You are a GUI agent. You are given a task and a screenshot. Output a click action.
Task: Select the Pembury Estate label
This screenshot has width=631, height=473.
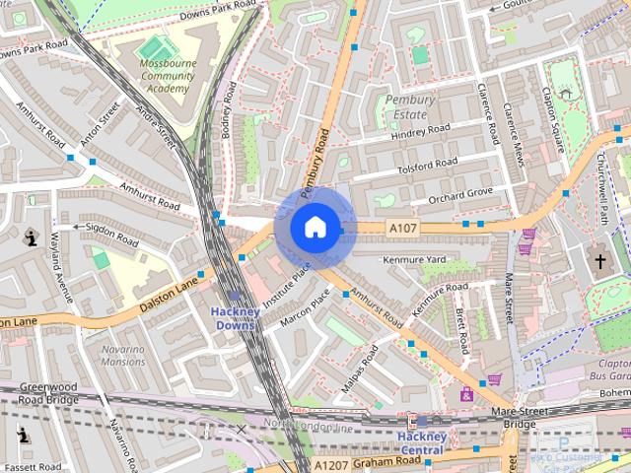[x=406, y=107]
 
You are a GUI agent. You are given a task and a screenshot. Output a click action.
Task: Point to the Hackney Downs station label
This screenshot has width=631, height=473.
[x=236, y=318]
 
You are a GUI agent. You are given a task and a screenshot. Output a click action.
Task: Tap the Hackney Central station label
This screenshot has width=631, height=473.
[x=422, y=442]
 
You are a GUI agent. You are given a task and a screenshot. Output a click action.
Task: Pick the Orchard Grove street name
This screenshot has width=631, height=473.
[x=458, y=193]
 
